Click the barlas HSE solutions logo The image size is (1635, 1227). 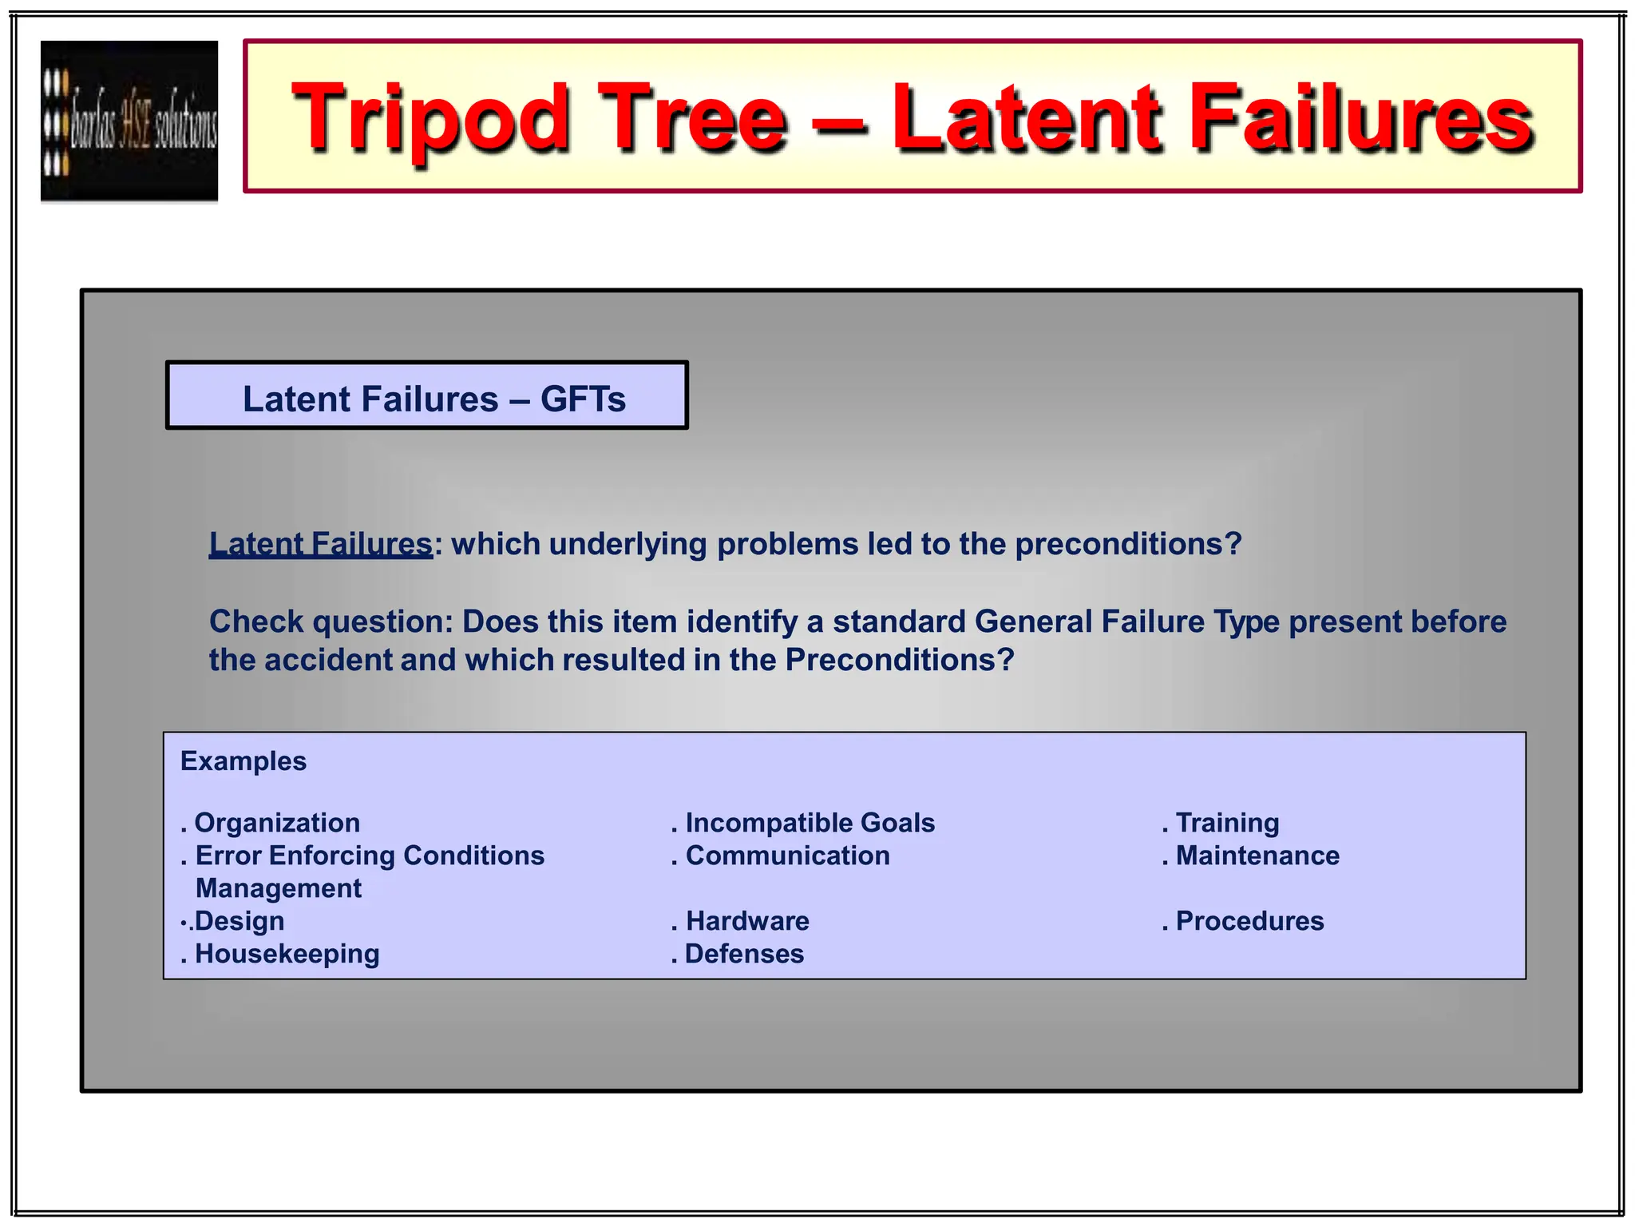click(129, 121)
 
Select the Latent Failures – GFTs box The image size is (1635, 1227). click(427, 396)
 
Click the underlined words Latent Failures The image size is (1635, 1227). click(320, 544)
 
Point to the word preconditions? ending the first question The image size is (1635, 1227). click(1128, 544)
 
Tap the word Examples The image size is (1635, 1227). click(243, 761)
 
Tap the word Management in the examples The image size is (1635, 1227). click(279, 888)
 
